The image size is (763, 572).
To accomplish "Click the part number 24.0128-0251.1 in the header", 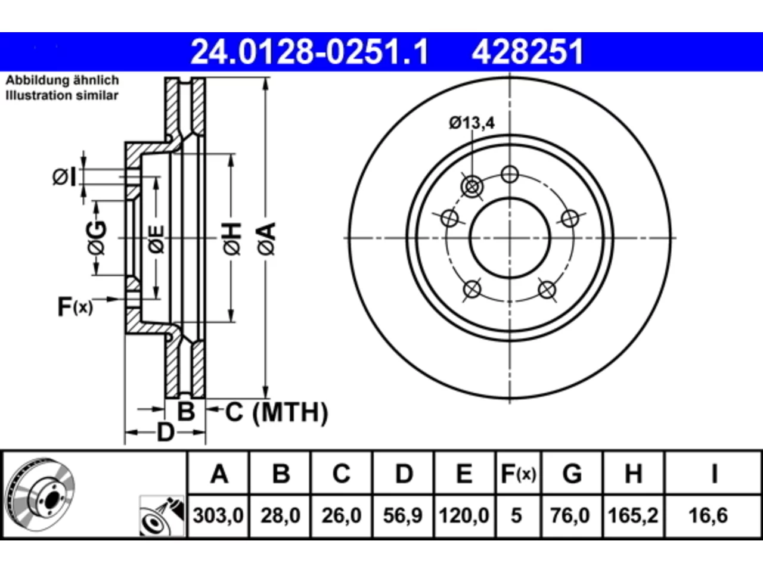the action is coord(309,52).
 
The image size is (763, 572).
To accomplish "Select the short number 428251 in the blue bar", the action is coord(528,52).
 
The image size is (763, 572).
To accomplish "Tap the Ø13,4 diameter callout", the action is coord(472,123).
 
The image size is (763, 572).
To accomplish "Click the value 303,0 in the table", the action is coord(218,515).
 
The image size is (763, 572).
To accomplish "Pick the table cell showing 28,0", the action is coord(280,515).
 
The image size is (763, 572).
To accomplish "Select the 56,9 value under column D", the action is coord(403,515).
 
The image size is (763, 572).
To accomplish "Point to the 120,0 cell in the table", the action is coord(464,515).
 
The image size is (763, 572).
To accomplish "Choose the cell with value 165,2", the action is coord(633,515).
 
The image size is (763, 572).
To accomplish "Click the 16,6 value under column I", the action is coord(708,515).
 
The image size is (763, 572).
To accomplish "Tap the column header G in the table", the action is coord(572,473).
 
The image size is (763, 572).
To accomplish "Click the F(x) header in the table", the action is coord(518,474).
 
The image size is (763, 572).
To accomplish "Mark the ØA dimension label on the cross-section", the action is coord(266,240).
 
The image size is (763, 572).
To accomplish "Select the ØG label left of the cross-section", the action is coord(97,238).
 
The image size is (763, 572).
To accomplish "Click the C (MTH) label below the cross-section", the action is coord(277,412).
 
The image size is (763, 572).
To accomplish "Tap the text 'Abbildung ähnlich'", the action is coord(62,80).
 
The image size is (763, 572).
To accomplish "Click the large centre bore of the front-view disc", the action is coord(510,238).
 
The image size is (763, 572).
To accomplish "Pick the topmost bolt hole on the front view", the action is coord(510,175).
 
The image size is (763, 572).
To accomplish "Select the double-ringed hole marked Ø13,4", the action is coord(472,187).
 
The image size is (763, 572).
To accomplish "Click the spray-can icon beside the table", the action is coord(162,516).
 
